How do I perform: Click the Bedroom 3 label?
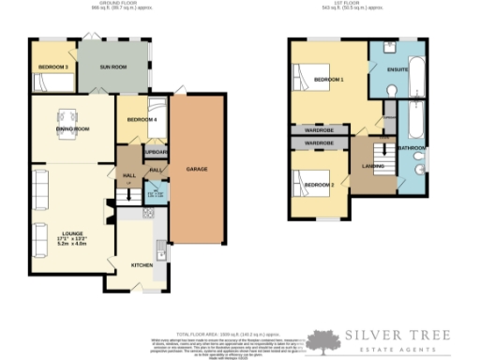pyautogui.click(x=53, y=67)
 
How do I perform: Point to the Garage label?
pyautogui.click(x=196, y=169)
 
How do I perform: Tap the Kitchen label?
pyautogui.click(x=142, y=265)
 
